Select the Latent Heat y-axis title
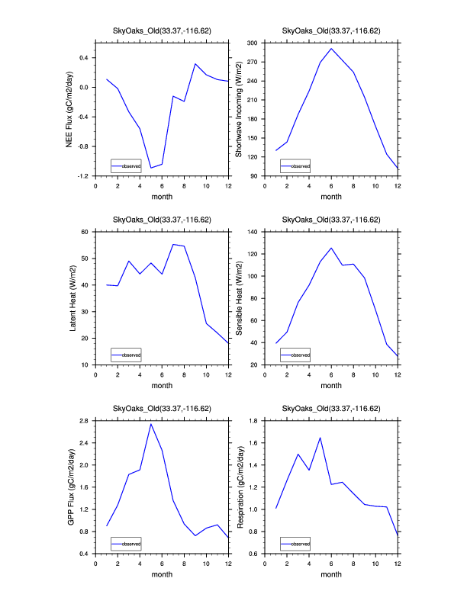pyautogui.click(x=73, y=297)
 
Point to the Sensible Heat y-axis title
pyautogui.click(x=238, y=297)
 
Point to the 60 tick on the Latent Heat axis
pyautogui.click(x=86, y=231)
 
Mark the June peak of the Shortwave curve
pyautogui.click(x=331, y=49)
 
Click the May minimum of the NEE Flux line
pyautogui.click(x=151, y=168)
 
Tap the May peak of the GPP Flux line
pyautogui.click(x=151, y=423)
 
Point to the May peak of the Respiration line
pyautogui.click(x=320, y=438)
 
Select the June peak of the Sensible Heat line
pyautogui.click(x=331, y=248)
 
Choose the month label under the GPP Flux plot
pyautogui.click(x=162, y=574)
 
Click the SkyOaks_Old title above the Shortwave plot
pyautogui.click(x=331, y=31)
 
